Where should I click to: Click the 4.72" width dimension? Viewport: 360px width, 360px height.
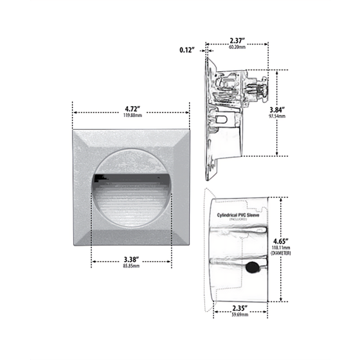(132, 109)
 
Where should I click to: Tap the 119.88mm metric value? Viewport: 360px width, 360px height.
(132, 117)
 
